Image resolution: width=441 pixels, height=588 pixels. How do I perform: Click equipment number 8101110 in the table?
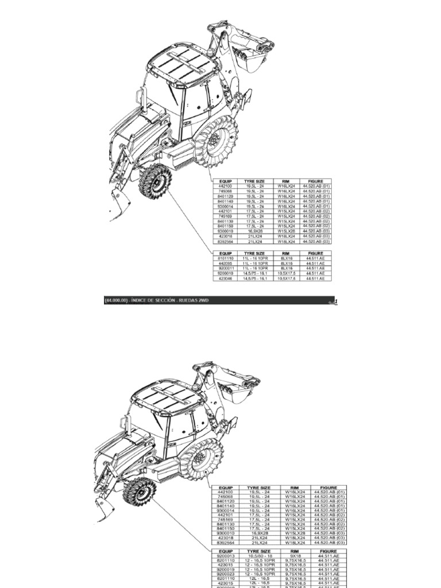[x=225, y=259]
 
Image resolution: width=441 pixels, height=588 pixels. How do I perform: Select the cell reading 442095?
[x=225, y=264]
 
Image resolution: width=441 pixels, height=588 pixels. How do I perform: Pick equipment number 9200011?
[x=225, y=268]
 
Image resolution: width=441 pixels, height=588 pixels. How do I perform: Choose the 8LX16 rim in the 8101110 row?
[x=287, y=259]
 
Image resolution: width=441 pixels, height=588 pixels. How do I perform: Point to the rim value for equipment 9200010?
[x=287, y=273]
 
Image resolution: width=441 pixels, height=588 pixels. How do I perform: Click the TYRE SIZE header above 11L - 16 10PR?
[x=254, y=253]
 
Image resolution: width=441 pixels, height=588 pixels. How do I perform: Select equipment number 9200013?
[x=225, y=555]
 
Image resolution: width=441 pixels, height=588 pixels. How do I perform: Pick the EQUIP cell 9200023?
[x=225, y=574]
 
